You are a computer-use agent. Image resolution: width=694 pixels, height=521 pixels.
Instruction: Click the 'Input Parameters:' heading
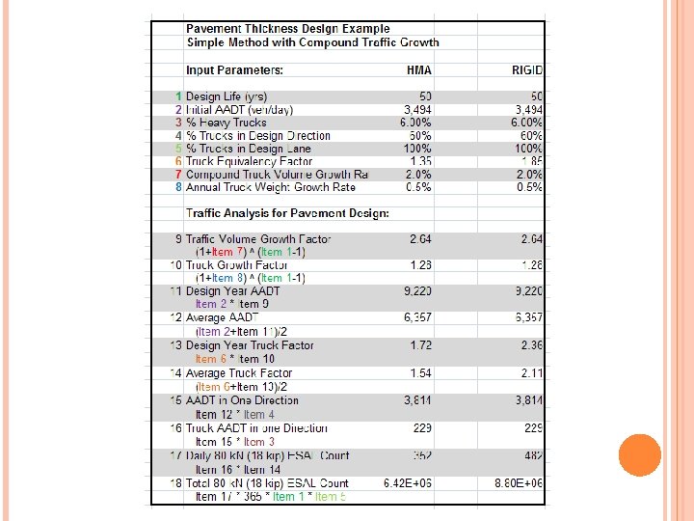tap(234, 69)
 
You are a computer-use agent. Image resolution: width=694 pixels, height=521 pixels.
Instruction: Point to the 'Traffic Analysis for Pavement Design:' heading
tap(287, 212)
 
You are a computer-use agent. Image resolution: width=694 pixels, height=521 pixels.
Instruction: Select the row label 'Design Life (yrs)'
tap(227, 96)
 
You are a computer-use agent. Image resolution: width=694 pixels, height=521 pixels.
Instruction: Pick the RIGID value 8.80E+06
tap(521, 483)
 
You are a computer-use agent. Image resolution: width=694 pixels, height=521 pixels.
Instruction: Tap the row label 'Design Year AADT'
tap(233, 290)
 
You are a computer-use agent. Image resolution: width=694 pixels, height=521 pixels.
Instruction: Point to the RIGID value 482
tap(534, 456)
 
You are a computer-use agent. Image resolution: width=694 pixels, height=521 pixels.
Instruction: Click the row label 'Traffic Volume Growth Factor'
tap(257, 238)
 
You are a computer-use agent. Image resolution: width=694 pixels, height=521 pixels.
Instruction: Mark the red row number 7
tap(178, 175)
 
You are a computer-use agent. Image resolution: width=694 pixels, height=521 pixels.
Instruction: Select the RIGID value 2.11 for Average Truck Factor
tap(532, 373)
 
